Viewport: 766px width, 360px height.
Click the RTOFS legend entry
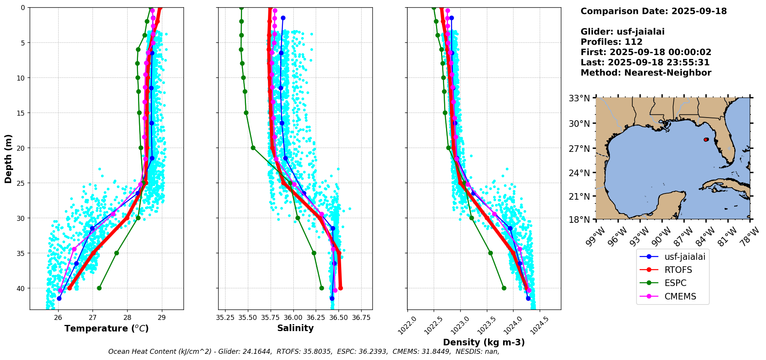678,270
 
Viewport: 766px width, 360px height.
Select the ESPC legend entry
675,283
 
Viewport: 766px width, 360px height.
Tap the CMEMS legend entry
680,296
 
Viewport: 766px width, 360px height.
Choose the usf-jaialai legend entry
684,257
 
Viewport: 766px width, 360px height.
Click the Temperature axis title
106,328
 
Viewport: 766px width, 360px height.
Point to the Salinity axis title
295,328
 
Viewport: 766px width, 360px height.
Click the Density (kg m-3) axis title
484,342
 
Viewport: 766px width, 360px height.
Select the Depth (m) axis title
8,158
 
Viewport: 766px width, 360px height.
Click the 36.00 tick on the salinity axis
293,318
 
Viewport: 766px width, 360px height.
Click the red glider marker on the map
706,140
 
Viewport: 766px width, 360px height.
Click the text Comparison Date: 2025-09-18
653,11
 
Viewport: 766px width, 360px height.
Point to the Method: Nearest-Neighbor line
646,73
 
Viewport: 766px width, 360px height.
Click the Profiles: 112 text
611,42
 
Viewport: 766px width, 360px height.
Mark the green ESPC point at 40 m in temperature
99,288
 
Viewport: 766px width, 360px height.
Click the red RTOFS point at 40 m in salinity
340,288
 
